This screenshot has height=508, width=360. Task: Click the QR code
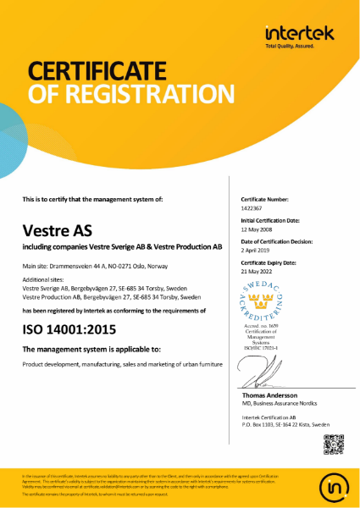coord(334,441)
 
